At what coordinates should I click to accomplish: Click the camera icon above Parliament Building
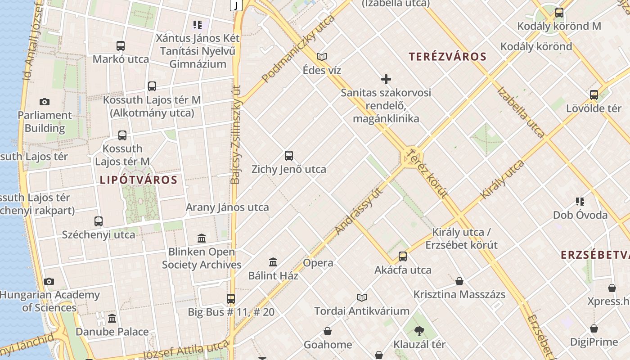click(x=44, y=102)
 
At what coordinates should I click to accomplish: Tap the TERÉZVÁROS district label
click(x=448, y=57)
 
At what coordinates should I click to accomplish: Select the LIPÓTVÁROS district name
click(x=139, y=180)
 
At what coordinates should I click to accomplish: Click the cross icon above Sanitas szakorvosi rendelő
click(x=386, y=80)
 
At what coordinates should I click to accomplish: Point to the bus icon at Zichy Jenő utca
click(x=289, y=156)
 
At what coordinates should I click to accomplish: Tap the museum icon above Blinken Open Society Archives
click(x=202, y=238)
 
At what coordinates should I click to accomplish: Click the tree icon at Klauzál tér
click(x=419, y=331)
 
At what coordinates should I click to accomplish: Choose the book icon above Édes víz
click(x=321, y=57)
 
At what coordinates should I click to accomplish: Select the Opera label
click(x=318, y=263)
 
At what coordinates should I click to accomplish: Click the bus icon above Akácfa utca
click(x=403, y=256)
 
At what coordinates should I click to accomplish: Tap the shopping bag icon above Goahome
click(x=328, y=332)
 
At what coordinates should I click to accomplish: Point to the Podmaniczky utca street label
click(x=299, y=48)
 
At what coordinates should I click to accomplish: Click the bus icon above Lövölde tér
click(x=594, y=94)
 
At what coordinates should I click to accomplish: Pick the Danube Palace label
click(x=112, y=332)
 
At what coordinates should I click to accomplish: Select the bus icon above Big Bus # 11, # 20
click(x=231, y=298)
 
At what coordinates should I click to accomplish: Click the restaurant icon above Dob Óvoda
click(x=580, y=201)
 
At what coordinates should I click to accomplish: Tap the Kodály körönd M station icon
click(x=559, y=13)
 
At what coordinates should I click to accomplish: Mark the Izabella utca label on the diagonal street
click(x=521, y=111)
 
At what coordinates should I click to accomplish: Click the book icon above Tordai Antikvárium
click(x=362, y=297)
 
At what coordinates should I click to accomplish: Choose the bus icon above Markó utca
click(x=121, y=45)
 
